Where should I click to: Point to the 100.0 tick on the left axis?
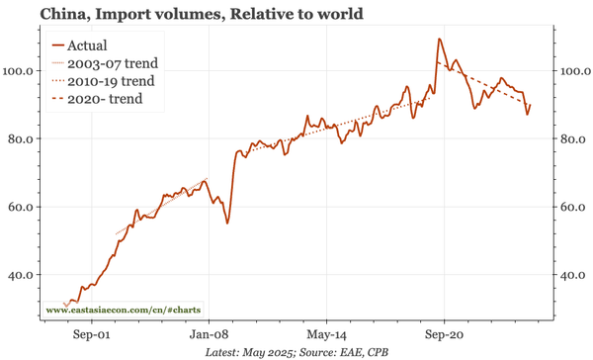click(20, 71)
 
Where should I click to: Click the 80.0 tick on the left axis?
click(23, 139)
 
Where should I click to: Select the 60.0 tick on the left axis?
click(23, 207)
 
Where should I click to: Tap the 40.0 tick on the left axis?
click(23, 275)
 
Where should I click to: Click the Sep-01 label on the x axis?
click(91, 334)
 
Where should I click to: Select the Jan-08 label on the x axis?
click(209, 334)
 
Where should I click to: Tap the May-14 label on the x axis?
click(326, 334)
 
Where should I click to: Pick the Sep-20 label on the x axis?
click(444, 334)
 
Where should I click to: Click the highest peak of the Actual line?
click(439, 40)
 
